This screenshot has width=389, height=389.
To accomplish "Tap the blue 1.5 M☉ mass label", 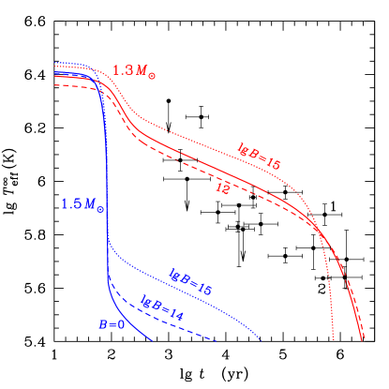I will point(82,205).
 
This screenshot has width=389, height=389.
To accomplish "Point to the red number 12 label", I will point(224,187).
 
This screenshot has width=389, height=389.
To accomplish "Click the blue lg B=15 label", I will point(190,282).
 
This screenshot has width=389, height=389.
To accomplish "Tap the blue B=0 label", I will point(112,324).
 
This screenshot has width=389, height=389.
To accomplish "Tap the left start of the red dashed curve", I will point(54,85).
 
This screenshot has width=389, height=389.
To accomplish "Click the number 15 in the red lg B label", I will point(274,162).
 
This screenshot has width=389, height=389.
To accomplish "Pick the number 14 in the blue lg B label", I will point(173,308).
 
